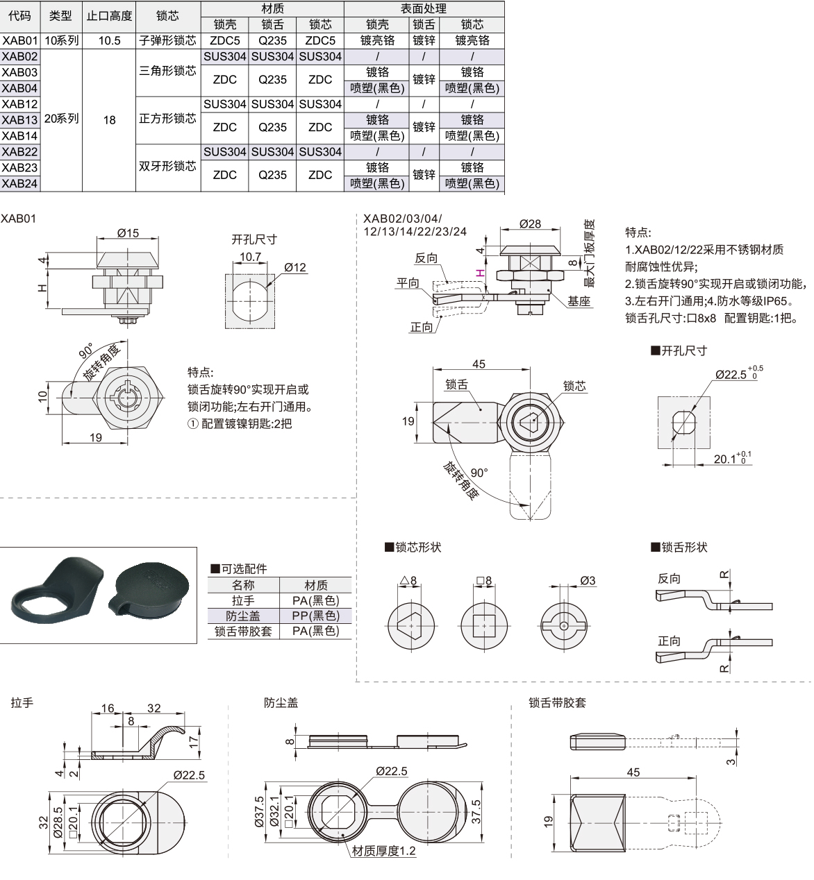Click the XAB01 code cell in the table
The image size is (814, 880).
[x=19, y=40]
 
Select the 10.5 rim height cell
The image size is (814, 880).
[x=109, y=40]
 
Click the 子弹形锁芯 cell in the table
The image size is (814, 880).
[x=167, y=40]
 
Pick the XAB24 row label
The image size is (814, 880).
[x=19, y=183]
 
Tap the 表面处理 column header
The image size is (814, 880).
[x=423, y=8]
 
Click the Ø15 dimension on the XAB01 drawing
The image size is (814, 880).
[x=128, y=233]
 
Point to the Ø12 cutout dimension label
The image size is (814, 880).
[x=294, y=267]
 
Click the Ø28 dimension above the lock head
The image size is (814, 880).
[x=530, y=223]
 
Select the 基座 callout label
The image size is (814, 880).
[x=579, y=301]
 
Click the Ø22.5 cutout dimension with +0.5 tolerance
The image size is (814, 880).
[x=731, y=374]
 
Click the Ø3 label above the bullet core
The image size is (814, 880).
[x=588, y=580]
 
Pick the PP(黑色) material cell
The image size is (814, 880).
[x=315, y=616]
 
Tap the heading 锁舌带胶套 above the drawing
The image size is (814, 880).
[x=557, y=702]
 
